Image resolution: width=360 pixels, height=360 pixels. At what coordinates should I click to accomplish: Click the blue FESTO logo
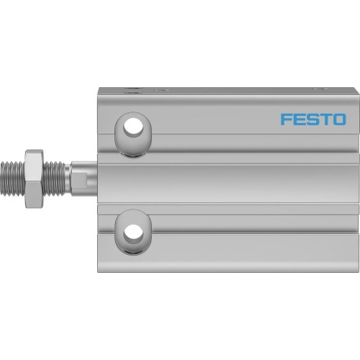[313, 119]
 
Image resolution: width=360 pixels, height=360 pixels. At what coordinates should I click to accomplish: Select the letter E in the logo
[300, 119]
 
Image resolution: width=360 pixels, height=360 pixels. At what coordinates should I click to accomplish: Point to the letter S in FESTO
[312, 119]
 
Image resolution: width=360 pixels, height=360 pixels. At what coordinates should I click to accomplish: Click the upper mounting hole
[133, 127]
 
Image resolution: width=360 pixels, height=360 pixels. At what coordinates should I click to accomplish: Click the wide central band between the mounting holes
[230, 180]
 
